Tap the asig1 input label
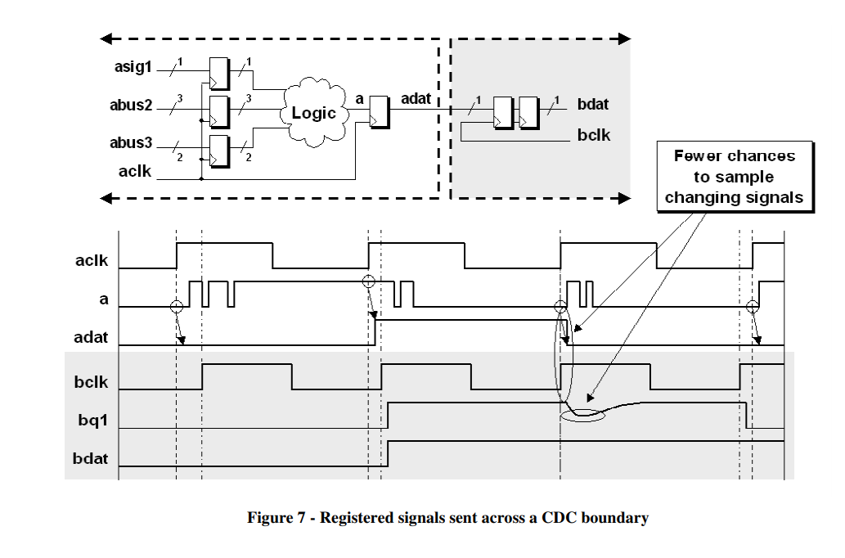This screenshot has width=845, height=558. (x=133, y=67)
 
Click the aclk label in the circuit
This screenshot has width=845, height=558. (x=134, y=170)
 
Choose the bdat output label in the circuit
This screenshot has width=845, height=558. (x=593, y=105)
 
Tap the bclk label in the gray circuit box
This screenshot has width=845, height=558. (x=593, y=134)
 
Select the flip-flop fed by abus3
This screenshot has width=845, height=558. (x=219, y=151)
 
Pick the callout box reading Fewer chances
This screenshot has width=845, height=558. (x=734, y=176)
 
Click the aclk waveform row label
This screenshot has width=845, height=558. (x=92, y=262)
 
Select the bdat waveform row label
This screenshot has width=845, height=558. (x=90, y=458)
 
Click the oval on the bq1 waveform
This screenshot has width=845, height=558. (x=582, y=415)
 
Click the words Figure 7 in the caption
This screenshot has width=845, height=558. (x=276, y=518)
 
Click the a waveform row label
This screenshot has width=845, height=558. (x=103, y=299)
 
